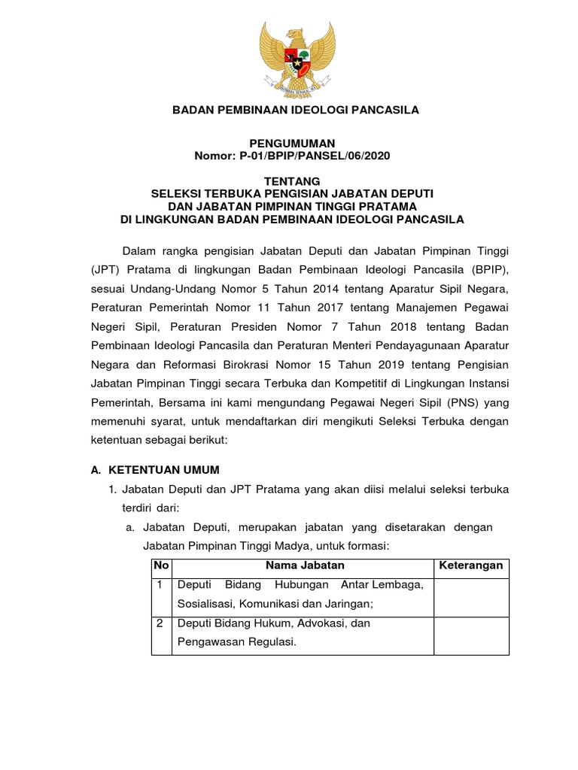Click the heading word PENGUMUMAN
[x=292, y=143]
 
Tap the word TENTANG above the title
[x=292, y=181]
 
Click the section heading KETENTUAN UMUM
[x=164, y=469]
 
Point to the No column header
[x=161, y=565]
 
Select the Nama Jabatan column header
[x=304, y=565]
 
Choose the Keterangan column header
[x=471, y=565]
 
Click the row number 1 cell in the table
[x=160, y=585]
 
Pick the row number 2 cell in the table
[x=160, y=623]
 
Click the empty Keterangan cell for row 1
[x=471, y=595]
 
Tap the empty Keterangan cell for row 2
[x=471, y=633]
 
